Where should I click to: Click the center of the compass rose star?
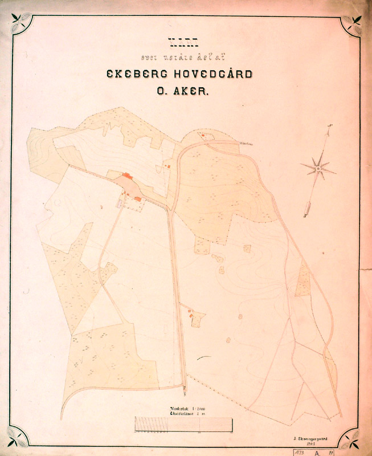tap(318, 168)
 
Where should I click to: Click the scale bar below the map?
tap(184, 425)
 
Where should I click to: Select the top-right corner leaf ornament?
tap(352, 25)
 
